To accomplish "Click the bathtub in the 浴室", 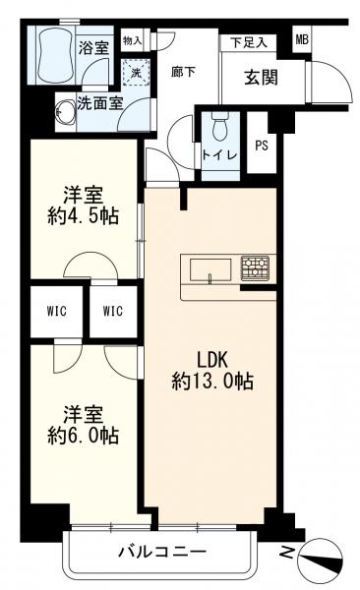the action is click(54, 55).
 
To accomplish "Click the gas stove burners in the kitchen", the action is click(255, 267).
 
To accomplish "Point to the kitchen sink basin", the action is click(210, 269).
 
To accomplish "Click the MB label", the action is click(302, 39).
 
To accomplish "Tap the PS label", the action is click(262, 146).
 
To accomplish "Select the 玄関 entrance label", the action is click(261, 77).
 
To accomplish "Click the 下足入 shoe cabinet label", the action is click(249, 42).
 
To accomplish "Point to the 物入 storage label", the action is click(132, 40).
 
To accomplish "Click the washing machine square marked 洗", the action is click(137, 73).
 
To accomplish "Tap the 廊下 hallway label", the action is click(183, 72).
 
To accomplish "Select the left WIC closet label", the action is click(57, 311).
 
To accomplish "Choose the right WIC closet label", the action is click(113, 311).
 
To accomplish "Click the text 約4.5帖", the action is click(84, 216).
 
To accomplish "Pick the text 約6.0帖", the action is click(84, 436).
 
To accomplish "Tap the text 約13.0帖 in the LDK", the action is click(212, 382).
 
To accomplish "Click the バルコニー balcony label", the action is click(162, 552).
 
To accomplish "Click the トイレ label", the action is click(220, 155).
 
